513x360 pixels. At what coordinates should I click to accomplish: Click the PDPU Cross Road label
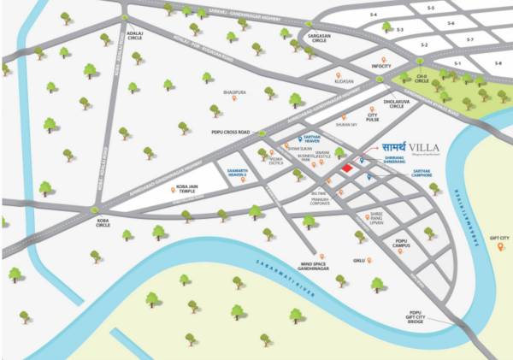231,133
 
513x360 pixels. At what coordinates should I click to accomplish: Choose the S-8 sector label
498,63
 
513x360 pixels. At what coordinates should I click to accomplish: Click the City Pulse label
372,117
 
